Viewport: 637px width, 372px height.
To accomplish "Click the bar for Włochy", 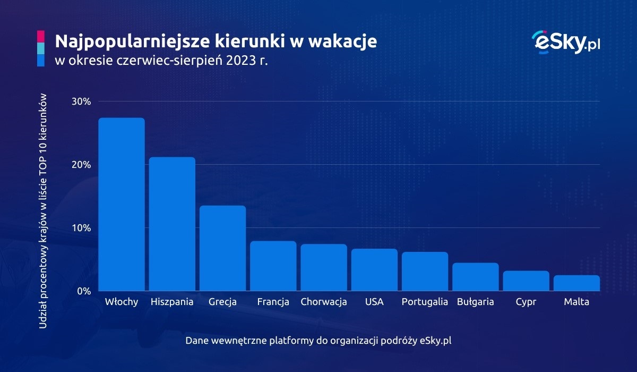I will (122, 205).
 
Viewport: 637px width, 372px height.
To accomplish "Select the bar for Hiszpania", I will (172, 224).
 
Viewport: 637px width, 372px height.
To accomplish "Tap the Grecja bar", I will (222, 248).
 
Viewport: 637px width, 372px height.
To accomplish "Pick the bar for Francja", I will (273, 266).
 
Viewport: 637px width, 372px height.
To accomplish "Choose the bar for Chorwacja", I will (324, 268).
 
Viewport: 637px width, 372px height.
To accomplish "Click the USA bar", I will (374, 270).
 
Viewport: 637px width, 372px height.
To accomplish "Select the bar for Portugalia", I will (425, 272).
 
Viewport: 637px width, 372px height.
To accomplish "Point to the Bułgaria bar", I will (476, 277).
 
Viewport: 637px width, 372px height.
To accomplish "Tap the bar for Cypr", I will (526, 281).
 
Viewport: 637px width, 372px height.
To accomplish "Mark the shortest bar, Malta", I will (576, 283).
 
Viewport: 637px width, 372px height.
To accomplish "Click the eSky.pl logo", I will (565, 42).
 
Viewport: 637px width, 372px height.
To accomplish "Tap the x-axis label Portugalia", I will (425, 302).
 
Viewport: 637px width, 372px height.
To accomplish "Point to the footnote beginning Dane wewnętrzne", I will (318, 340).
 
